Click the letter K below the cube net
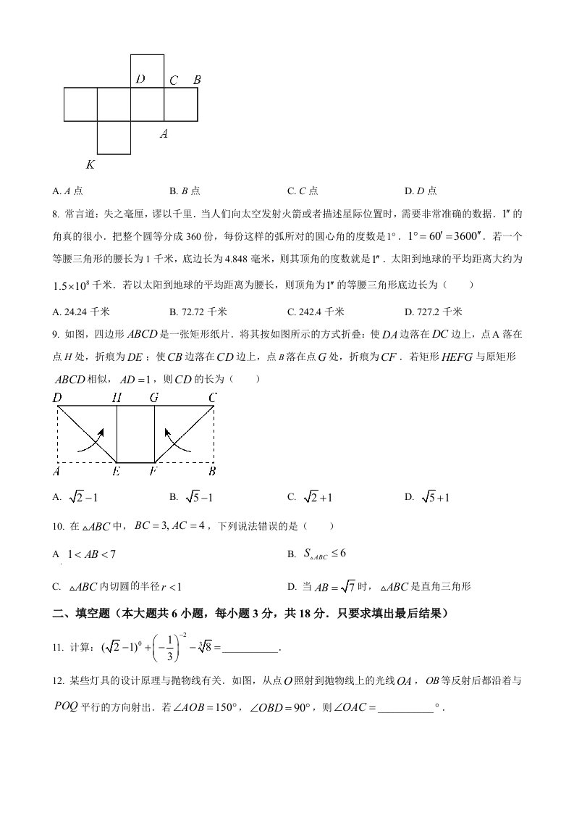[x=90, y=164]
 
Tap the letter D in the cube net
[x=140, y=79]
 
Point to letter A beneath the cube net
[x=164, y=133]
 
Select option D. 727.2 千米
[x=433, y=312]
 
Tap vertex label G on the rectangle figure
[x=154, y=397]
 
